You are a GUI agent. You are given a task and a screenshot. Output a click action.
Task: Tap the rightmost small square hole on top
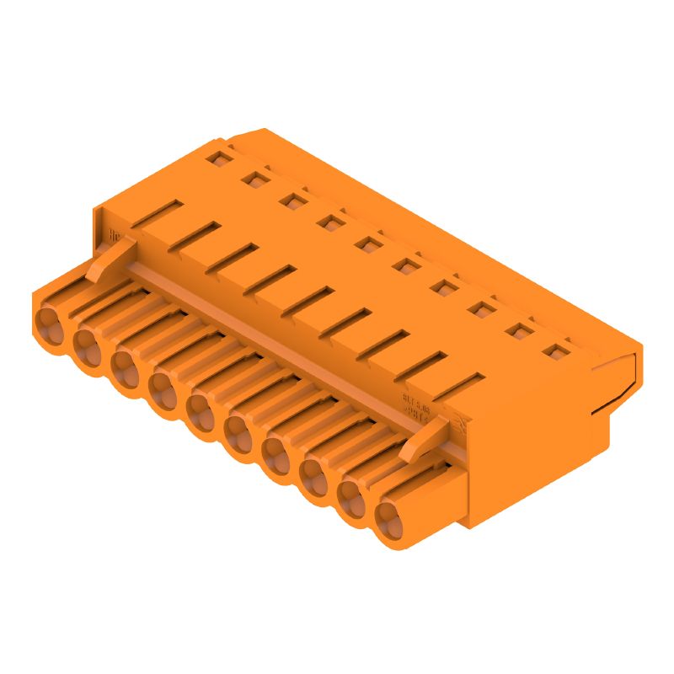pyautogui.click(x=553, y=352)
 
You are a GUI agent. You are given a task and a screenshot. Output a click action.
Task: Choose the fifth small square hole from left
pyautogui.click(x=366, y=244)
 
